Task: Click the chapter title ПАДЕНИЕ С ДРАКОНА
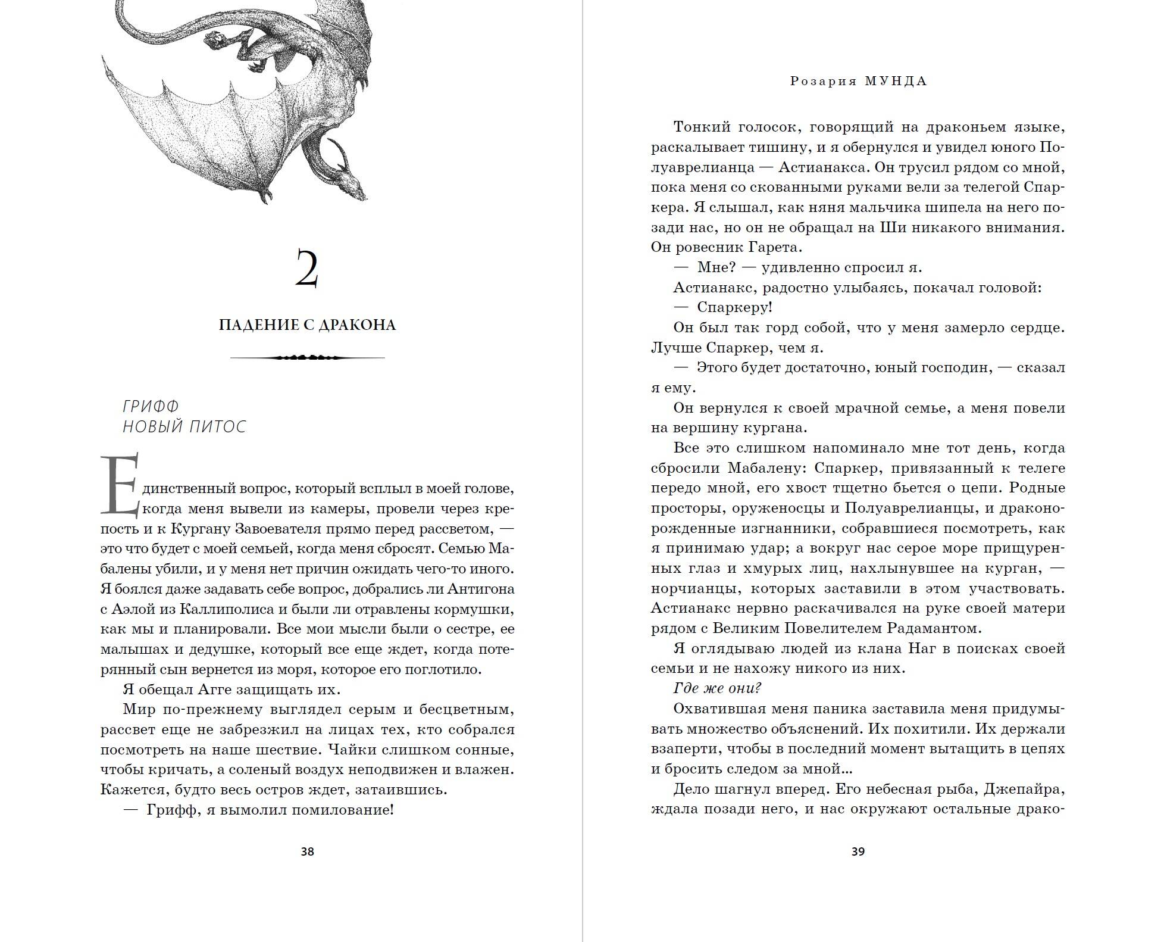point(307,325)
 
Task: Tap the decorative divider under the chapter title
point(307,358)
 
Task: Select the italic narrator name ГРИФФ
point(151,406)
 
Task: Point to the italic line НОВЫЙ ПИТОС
point(184,427)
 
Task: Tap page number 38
point(307,851)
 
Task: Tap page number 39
point(858,851)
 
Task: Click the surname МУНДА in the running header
point(896,82)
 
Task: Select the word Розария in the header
point(822,82)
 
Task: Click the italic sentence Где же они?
point(717,688)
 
